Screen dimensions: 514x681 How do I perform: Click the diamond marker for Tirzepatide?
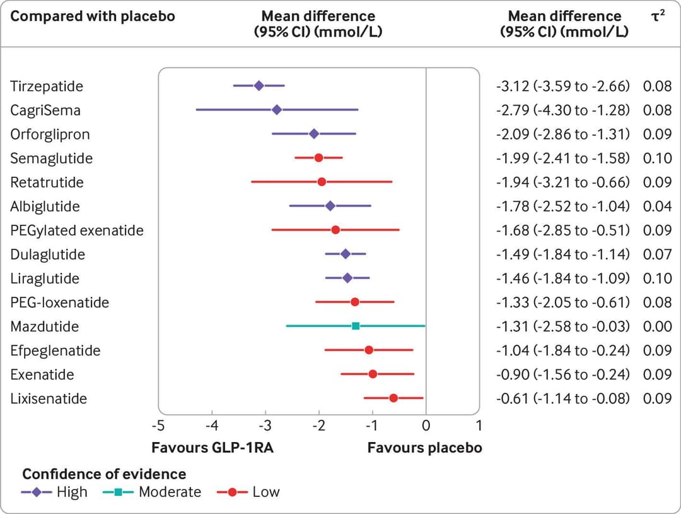(x=259, y=85)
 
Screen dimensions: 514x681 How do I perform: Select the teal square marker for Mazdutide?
(x=356, y=326)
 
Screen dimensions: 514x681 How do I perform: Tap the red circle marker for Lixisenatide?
(x=393, y=398)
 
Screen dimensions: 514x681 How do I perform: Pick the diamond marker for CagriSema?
(x=276, y=110)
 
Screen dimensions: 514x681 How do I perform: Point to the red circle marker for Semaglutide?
(x=318, y=157)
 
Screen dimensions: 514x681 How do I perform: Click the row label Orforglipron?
(x=50, y=134)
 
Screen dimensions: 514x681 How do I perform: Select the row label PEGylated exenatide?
(x=77, y=230)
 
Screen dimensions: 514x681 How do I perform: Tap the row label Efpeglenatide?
(x=55, y=350)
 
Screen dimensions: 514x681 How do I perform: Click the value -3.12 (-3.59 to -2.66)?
(x=562, y=86)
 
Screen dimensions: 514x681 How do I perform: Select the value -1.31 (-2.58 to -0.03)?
(x=562, y=326)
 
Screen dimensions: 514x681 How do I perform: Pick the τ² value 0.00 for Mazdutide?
(x=657, y=326)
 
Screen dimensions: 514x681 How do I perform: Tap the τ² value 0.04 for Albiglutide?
(x=657, y=206)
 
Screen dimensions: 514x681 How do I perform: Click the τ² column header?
(x=656, y=16)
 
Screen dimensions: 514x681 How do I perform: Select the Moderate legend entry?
(x=170, y=491)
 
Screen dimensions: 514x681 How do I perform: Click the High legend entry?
(x=72, y=491)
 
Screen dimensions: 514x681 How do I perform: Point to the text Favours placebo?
(x=424, y=448)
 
